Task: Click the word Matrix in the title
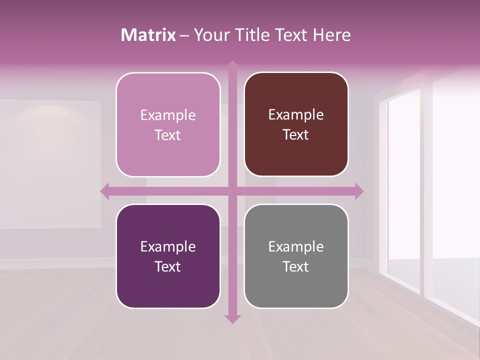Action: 148,35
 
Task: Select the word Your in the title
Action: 209,35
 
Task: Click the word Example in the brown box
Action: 296,115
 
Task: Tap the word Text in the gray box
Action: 296,266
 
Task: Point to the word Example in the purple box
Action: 168,246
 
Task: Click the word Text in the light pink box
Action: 168,135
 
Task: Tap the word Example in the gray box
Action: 296,246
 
